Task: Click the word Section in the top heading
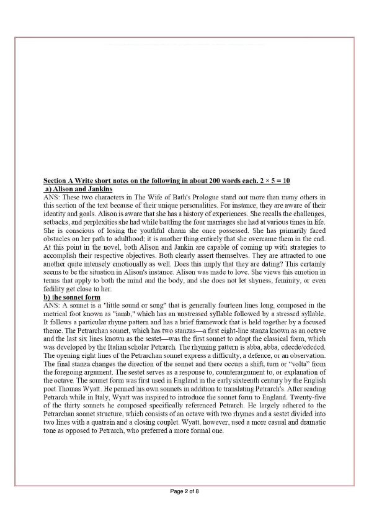[x=51, y=180]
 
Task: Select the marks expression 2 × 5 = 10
[x=273, y=180]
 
